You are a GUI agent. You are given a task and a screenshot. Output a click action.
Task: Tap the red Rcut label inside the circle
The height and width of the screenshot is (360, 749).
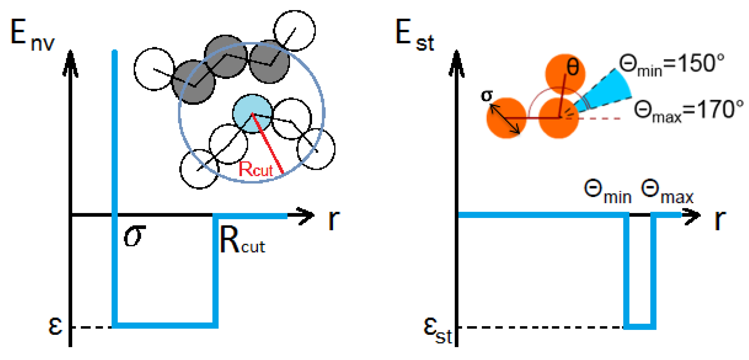click(255, 169)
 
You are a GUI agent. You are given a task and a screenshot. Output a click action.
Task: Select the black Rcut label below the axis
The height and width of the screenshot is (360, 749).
click(242, 241)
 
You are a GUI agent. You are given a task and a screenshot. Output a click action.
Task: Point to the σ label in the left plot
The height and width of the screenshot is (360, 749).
click(134, 236)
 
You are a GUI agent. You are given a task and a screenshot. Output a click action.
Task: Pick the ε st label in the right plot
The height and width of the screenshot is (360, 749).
click(437, 331)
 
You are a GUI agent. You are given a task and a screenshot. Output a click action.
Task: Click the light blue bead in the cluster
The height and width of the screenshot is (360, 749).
click(252, 113)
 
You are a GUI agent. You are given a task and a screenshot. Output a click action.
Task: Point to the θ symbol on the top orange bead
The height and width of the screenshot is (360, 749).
click(573, 68)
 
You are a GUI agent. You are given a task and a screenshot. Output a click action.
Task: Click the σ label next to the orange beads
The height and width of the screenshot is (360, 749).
click(487, 96)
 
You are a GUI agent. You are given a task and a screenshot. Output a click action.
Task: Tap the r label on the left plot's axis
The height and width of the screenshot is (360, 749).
click(334, 219)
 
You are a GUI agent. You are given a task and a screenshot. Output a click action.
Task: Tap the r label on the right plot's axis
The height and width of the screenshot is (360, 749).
click(720, 219)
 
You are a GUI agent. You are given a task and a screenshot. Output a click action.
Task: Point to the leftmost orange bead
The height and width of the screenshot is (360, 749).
click(506, 118)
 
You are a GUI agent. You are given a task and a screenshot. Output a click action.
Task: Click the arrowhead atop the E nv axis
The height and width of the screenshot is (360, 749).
click(70, 63)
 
